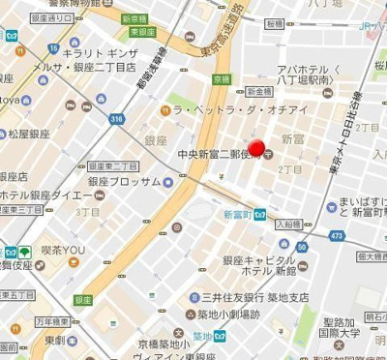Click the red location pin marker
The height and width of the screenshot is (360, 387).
pos(256,148)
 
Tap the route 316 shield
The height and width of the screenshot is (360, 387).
pos(117,119)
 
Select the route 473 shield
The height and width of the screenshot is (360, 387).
pos(337,235)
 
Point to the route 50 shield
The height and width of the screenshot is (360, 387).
pos(302,247)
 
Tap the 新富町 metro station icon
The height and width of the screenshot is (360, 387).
pos(260,215)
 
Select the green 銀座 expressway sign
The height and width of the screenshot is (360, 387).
pos(83,300)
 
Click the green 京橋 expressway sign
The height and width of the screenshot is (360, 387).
pos(222,79)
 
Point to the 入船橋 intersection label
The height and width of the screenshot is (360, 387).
pos(287,224)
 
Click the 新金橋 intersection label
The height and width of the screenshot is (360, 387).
pos(258,90)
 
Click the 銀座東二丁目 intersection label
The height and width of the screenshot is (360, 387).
pos(111,165)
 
